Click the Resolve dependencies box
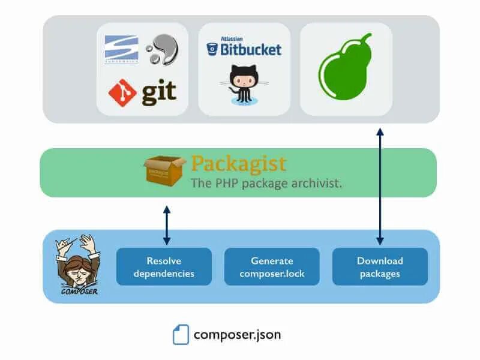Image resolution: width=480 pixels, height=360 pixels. coord(164,267)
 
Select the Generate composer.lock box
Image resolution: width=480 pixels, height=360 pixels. coord(272,267)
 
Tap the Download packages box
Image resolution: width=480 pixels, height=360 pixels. coord(380,267)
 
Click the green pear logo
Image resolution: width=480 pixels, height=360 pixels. coord(344,68)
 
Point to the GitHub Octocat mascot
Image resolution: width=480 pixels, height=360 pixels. coord(241,86)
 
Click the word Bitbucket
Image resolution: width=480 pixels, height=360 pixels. coord(250,49)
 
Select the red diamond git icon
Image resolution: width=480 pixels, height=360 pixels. coord(122,92)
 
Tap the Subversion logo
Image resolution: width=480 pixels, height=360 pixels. coord(121,49)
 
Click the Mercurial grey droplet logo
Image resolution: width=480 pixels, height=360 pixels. coord(161,49)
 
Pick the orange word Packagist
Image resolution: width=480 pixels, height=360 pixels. coord(238,164)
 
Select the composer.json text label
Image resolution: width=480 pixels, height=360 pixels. coord(237,334)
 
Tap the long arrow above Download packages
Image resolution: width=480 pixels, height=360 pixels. coord(380,185)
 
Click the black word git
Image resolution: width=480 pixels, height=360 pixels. coord(159,92)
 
